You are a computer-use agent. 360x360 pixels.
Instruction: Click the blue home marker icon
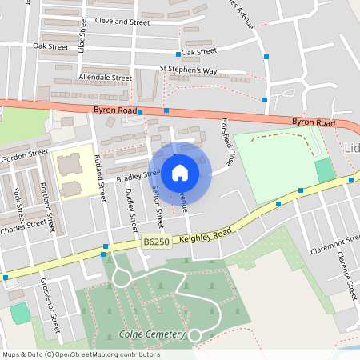click(x=180, y=172)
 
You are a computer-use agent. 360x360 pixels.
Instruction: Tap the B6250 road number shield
click(x=157, y=242)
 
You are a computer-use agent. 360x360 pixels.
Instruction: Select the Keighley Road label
click(x=205, y=233)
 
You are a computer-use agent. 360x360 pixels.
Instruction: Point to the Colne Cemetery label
click(x=152, y=334)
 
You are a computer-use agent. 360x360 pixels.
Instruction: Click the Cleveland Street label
click(x=122, y=22)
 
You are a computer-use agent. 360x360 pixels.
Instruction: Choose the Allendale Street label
click(x=105, y=78)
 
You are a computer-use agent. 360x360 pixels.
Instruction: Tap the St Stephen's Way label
click(x=188, y=70)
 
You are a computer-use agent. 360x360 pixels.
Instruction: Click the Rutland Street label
click(x=101, y=176)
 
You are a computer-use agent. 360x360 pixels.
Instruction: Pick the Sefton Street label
click(x=158, y=204)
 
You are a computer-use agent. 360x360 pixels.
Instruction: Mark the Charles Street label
click(x=23, y=225)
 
